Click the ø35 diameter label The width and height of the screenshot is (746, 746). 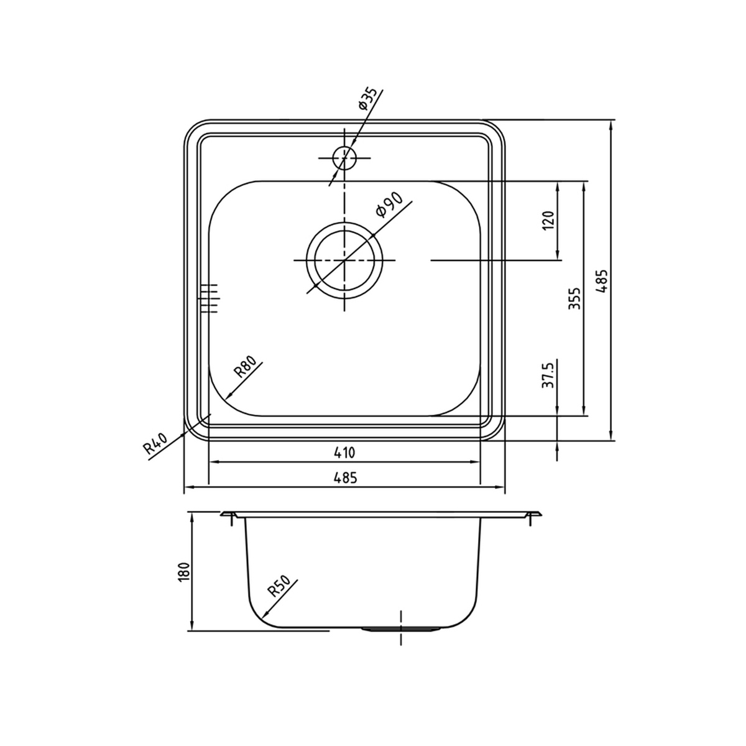click(368, 99)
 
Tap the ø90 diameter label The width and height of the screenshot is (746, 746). click(389, 205)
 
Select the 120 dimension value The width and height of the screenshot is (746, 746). click(548, 220)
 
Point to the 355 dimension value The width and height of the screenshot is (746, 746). click(574, 298)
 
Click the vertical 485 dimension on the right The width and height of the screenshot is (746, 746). click(602, 282)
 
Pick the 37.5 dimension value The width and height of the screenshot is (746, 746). click(548, 374)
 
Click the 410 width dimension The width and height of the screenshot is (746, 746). click(344, 453)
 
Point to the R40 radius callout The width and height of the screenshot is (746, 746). click(155, 443)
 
